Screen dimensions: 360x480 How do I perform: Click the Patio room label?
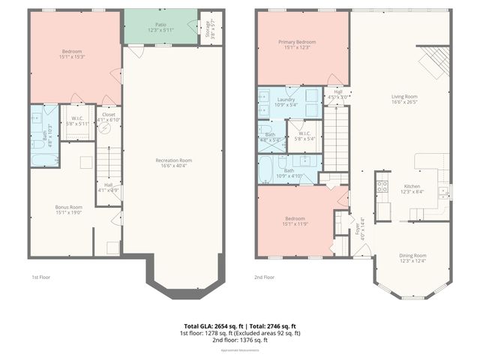point(160,24)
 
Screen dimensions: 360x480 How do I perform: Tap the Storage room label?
point(208,27)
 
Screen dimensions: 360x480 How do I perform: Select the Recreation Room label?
point(173,160)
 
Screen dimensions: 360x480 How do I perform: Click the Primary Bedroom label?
point(301,43)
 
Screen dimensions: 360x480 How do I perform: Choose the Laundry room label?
point(286,99)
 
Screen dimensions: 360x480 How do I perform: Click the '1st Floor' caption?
point(41,277)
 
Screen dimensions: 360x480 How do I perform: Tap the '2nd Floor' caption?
point(265,277)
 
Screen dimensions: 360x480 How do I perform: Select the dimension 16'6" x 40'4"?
point(173,165)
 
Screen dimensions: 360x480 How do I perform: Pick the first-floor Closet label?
point(108,115)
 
